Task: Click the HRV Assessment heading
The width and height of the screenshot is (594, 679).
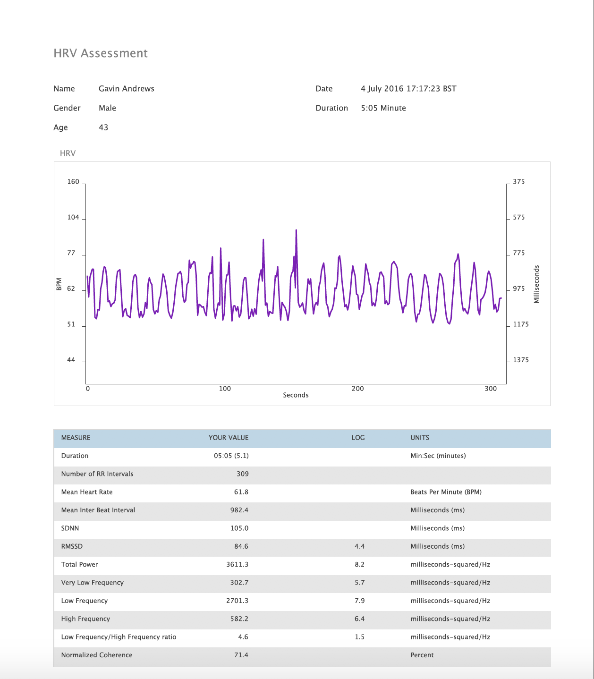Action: click(x=101, y=53)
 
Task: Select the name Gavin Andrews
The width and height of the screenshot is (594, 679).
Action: click(x=126, y=89)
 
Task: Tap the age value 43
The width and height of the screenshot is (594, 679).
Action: click(x=103, y=127)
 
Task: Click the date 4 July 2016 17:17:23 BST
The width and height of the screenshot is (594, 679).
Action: click(x=408, y=89)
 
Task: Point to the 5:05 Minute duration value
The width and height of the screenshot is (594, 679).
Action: click(x=383, y=108)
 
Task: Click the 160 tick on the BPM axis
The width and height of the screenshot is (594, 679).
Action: click(x=73, y=182)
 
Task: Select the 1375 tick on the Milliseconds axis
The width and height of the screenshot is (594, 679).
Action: click(x=521, y=360)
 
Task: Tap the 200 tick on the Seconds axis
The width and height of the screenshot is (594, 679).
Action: click(x=357, y=389)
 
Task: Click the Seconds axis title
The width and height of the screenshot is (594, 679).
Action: click(x=296, y=395)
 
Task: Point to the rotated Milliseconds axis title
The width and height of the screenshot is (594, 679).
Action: click(x=536, y=284)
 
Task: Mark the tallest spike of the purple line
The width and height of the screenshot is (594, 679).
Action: click(x=296, y=230)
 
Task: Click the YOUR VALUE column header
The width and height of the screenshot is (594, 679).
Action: click(x=229, y=438)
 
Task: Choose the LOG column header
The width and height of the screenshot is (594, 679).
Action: click(x=358, y=438)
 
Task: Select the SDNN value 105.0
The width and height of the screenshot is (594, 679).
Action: click(x=239, y=528)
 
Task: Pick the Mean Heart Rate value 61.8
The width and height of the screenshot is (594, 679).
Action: click(x=241, y=492)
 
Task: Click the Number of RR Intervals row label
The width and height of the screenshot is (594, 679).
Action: click(x=97, y=474)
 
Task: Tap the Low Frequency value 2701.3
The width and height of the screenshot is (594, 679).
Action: click(x=237, y=601)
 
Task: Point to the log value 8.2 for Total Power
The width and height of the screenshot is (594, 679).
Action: click(x=359, y=565)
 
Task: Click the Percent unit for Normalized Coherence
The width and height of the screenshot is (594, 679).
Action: click(x=422, y=655)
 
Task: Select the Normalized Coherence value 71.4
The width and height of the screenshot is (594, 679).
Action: click(x=241, y=655)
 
